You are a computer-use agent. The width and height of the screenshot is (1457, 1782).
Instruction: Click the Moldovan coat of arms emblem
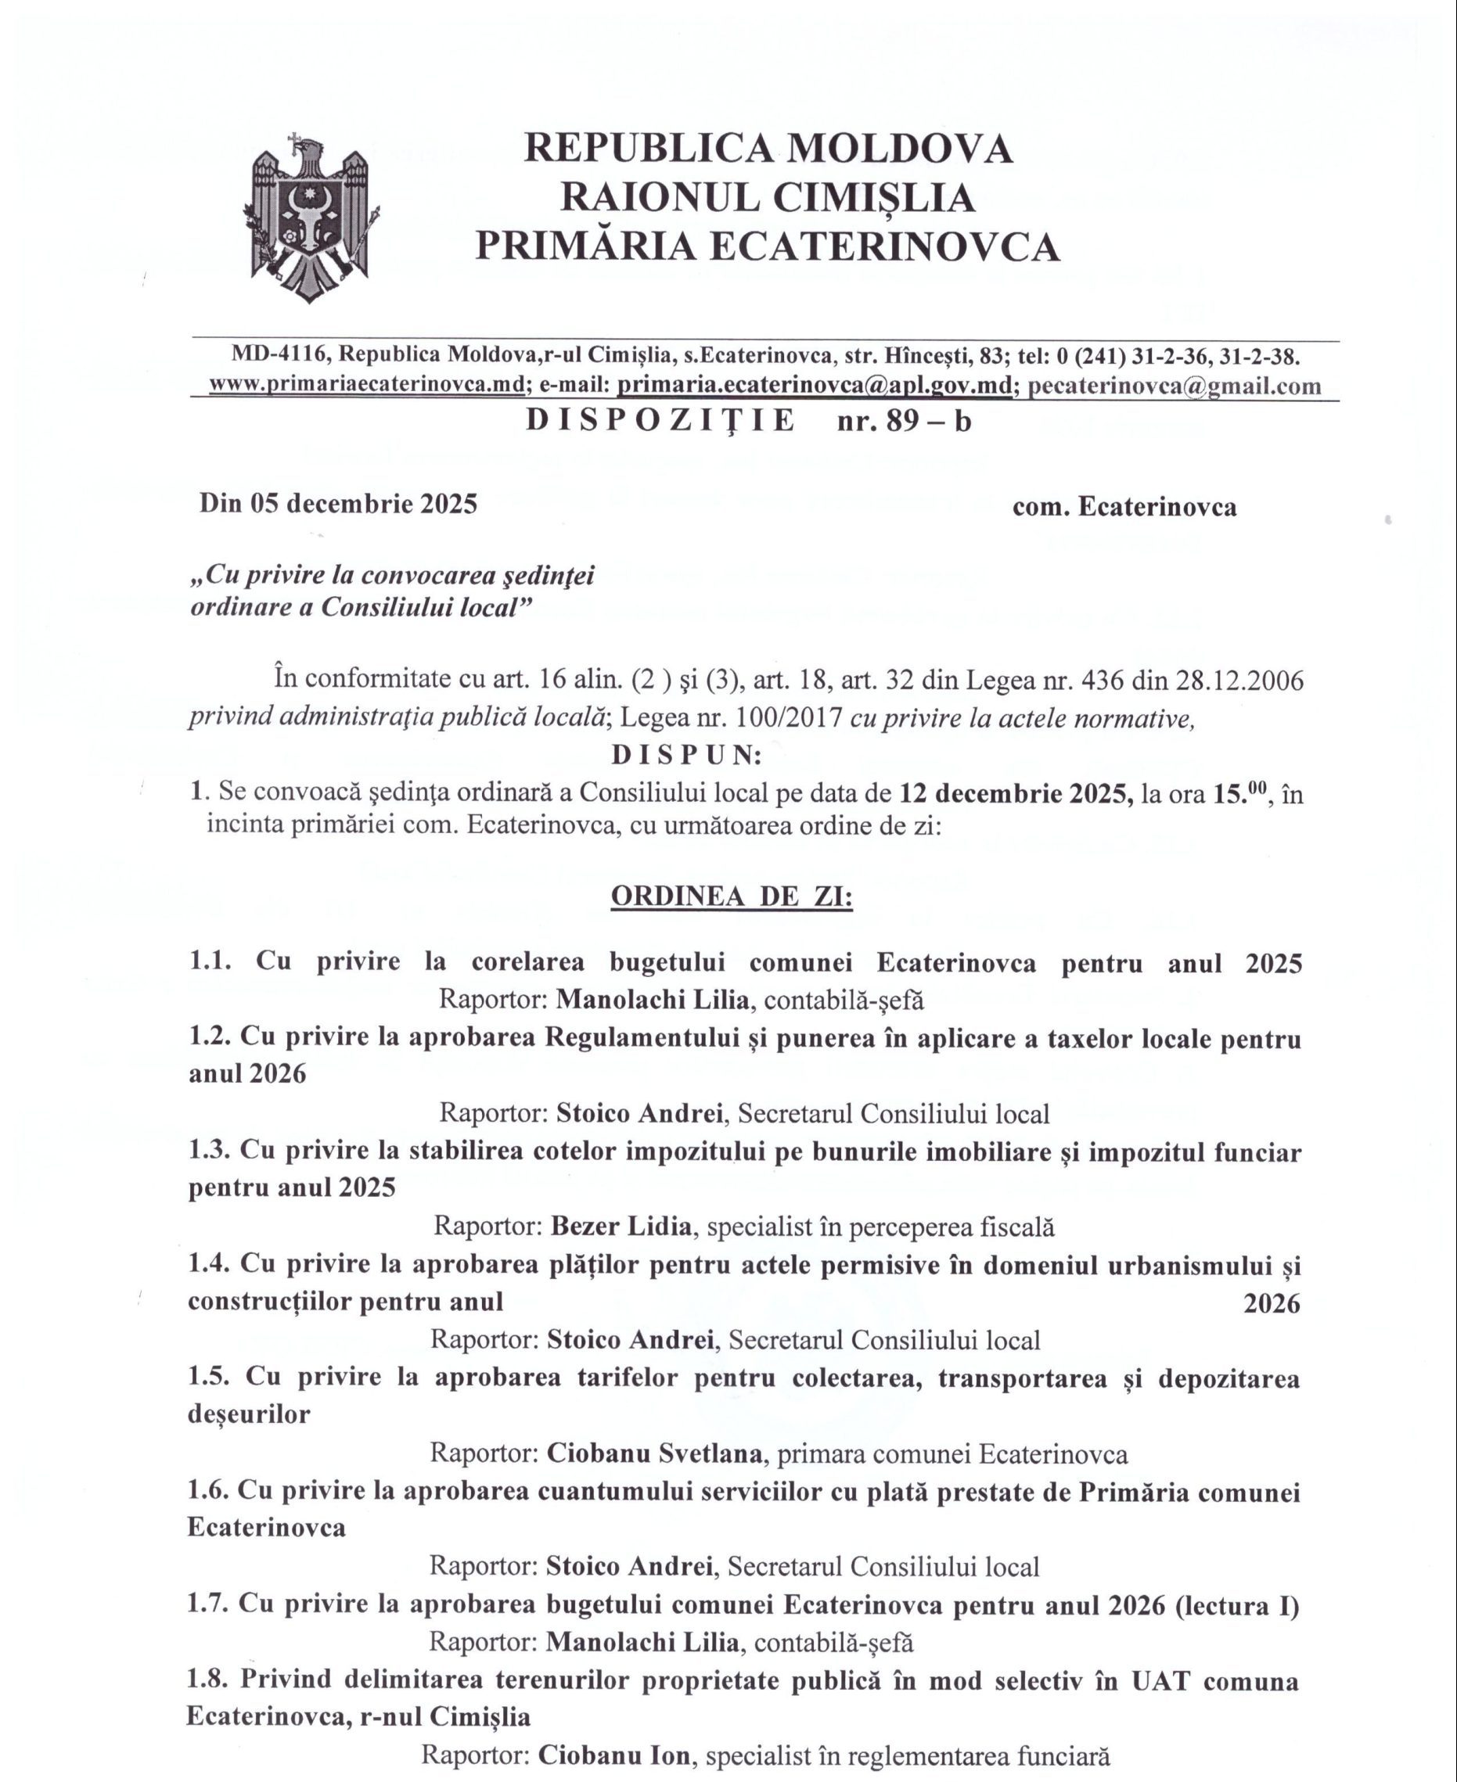(x=311, y=217)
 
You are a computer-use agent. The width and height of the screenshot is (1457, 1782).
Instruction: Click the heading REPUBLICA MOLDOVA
(x=768, y=149)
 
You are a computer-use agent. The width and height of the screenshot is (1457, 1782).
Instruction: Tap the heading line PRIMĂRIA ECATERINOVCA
(x=768, y=246)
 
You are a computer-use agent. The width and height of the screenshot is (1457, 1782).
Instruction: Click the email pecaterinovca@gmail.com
(x=1175, y=386)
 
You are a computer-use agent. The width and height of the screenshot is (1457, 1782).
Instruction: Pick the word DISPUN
(x=685, y=755)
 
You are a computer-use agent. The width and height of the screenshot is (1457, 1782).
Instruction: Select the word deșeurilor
(x=248, y=1414)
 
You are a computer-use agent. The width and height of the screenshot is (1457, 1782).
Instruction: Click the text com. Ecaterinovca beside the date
(x=1124, y=507)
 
